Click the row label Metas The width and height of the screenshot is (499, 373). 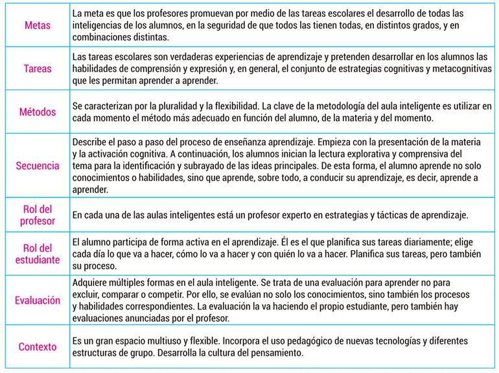(36, 24)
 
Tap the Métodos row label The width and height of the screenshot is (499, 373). (38, 112)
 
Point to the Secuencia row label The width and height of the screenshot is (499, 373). (38, 165)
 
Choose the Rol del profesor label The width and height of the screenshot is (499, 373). (37, 215)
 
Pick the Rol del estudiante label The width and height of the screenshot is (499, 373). (37, 254)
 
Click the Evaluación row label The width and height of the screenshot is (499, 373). (38, 300)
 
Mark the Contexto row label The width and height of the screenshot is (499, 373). (38, 347)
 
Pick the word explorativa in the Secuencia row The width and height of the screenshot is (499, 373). (355, 154)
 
